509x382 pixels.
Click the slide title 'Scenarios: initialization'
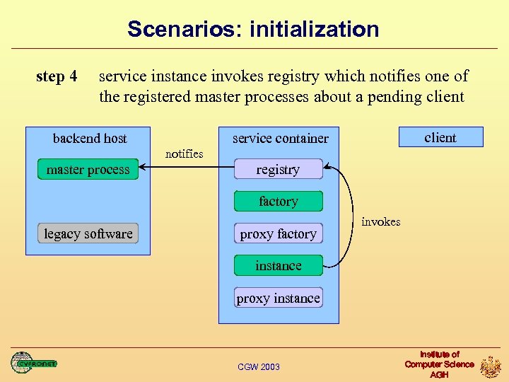[253, 29]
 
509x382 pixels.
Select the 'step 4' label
[57, 76]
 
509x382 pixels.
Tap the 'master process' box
[88, 170]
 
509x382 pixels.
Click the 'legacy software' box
[88, 233]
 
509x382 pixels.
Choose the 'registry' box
[278, 170]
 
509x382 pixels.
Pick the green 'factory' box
[278, 202]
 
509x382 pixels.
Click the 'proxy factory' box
[278, 233]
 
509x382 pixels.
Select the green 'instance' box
[278, 266]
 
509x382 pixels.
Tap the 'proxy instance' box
[278, 298]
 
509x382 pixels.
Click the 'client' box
[440, 137]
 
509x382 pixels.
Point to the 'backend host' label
[90, 138]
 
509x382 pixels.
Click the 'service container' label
[281, 138]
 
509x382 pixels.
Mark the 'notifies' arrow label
[184, 154]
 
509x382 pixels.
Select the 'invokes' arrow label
[380, 221]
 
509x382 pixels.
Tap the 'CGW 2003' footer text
[259, 366]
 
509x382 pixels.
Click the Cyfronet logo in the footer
[33, 363]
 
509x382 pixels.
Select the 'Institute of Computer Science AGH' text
[439, 364]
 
